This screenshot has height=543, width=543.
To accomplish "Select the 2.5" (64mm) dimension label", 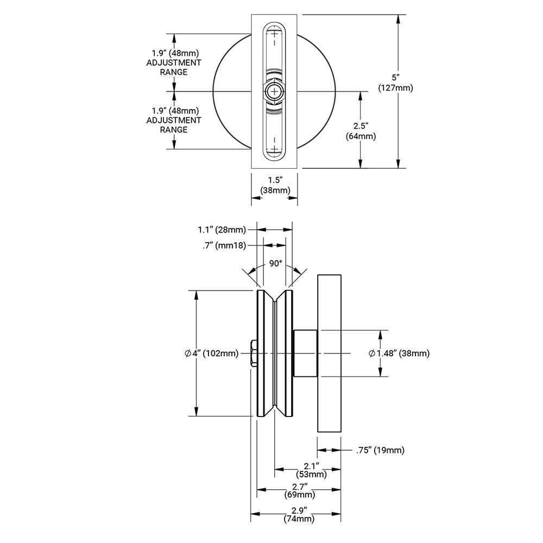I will (x=361, y=131).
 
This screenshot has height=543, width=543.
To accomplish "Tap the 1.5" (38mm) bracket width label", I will (x=274, y=185).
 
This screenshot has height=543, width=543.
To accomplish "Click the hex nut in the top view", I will (x=274, y=92).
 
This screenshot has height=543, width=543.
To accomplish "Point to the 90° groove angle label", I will (x=276, y=263).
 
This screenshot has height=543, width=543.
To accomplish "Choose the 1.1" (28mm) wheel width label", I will (x=222, y=230).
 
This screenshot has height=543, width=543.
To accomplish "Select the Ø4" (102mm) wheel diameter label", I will (x=212, y=353).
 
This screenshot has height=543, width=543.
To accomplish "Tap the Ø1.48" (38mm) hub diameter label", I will (x=399, y=353).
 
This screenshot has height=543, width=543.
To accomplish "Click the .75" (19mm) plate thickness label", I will (x=380, y=450).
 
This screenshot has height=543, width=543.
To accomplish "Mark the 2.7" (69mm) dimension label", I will (x=300, y=490).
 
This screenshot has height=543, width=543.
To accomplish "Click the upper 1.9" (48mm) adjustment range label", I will (x=174, y=62).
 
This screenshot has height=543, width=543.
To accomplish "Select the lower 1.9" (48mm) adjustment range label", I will (x=174, y=120).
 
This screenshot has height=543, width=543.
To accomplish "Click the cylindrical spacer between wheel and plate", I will (x=305, y=353).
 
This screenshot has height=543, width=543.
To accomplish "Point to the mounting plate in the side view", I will (x=329, y=353).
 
